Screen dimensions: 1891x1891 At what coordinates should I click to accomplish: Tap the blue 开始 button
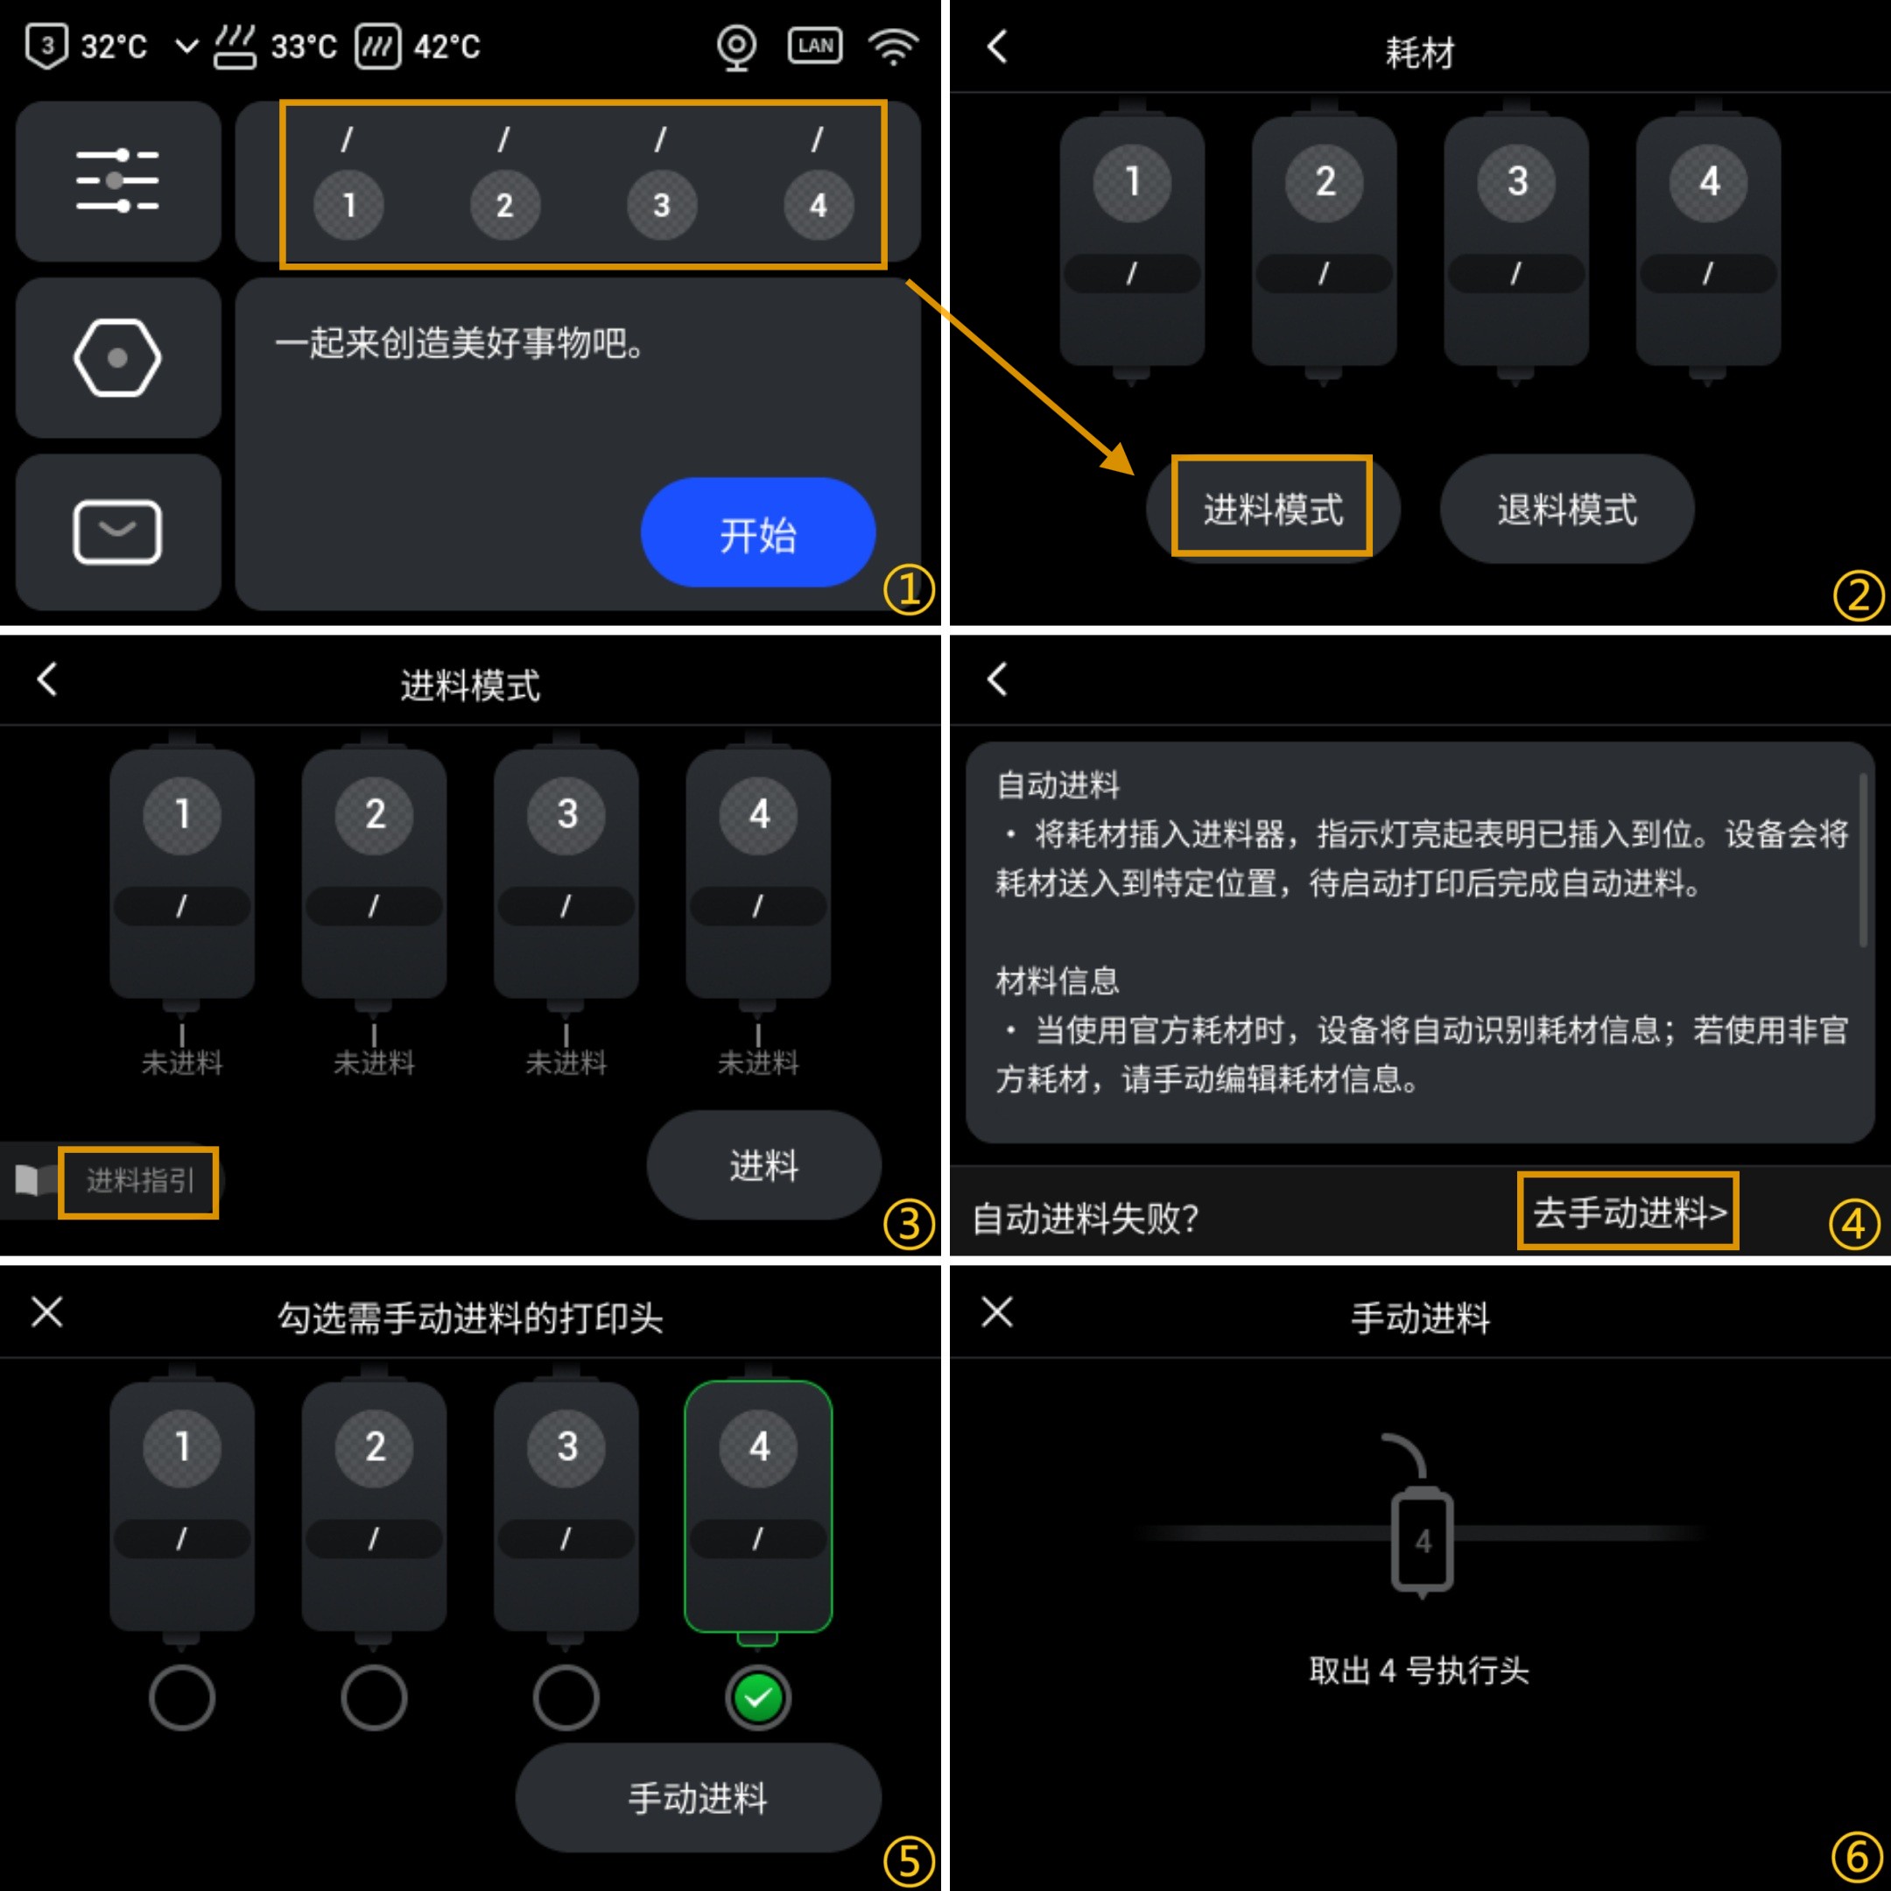757,532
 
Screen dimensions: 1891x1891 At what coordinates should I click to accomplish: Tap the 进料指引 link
140,1180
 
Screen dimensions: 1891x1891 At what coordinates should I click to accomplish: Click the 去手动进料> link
1628,1212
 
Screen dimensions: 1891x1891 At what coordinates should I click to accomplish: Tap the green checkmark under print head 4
758,1698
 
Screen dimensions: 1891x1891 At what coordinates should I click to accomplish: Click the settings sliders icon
117,181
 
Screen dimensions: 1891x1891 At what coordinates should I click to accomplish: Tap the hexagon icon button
117,357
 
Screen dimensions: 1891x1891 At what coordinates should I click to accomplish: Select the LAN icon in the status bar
815,46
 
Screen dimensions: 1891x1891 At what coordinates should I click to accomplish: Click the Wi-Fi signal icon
894,46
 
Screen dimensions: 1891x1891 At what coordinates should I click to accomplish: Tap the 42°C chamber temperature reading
447,47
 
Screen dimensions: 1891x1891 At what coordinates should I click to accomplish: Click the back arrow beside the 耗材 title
996,46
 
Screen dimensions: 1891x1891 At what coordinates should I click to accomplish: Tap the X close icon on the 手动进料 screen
996,1311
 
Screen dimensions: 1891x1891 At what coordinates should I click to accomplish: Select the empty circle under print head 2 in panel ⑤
374,1698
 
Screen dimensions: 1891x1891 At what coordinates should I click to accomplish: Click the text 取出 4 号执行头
1419,1670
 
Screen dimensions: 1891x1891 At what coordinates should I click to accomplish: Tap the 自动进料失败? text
1086,1218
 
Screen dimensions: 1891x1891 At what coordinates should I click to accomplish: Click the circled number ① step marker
909,589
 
